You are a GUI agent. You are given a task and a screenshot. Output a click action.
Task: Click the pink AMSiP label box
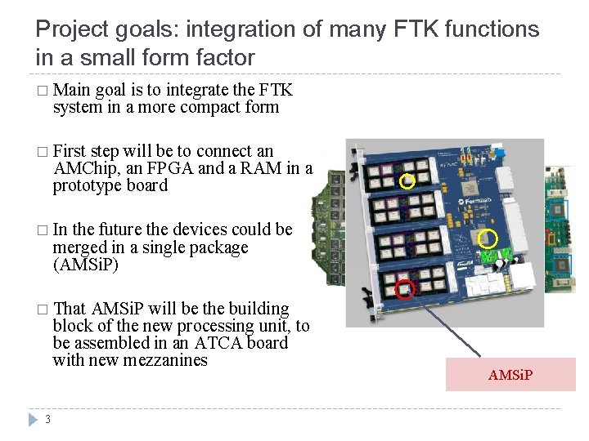510,374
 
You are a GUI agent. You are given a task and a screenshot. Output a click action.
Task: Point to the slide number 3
48,420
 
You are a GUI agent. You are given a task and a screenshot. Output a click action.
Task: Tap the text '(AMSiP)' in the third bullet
85,265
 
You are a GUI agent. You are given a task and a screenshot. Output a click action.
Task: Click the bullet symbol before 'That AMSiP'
42,310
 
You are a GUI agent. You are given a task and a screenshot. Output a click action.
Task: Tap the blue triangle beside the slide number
33,420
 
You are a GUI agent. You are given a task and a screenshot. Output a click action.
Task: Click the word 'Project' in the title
69,30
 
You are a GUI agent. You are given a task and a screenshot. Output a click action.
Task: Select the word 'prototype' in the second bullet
88,185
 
